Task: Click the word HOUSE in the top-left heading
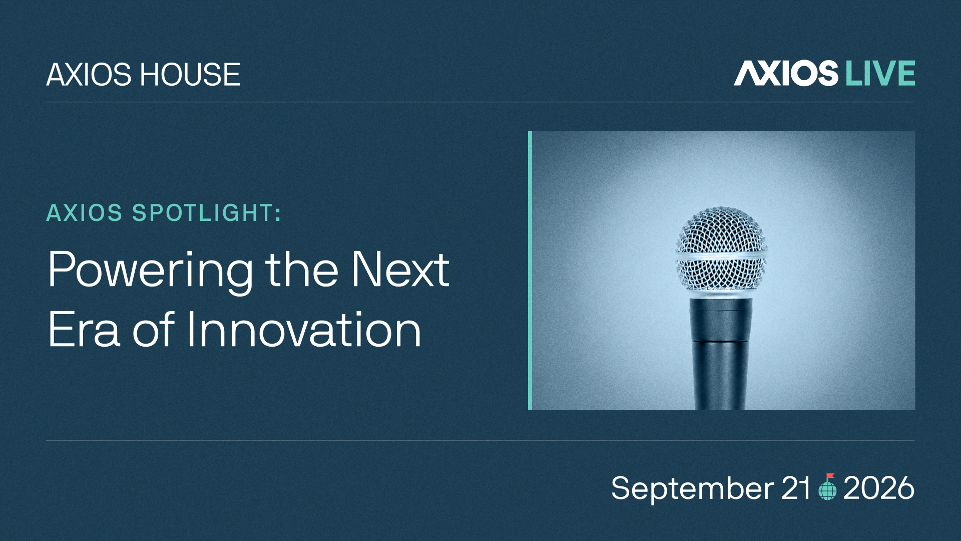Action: point(190,75)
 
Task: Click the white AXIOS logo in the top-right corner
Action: point(786,73)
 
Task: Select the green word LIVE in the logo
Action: point(880,73)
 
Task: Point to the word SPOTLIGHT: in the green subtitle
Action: point(207,213)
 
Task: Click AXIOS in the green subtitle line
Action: point(85,213)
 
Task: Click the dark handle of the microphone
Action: point(721,354)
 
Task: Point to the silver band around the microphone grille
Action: point(721,256)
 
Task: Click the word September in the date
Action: point(693,488)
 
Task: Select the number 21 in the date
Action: point(796,488)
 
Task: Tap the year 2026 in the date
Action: point(879,488)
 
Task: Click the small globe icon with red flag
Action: point(827,487)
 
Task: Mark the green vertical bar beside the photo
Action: point(530,270)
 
